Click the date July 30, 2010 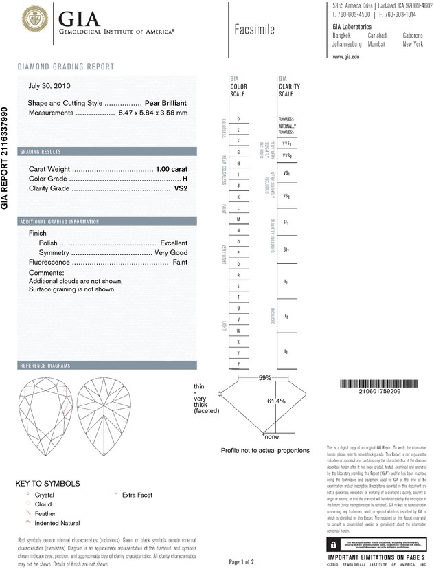pyautogui.click(x=49, y=87)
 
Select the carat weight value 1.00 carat pyautogui.click(x=172, y=168)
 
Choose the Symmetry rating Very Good pyautogui.click(x=170, y=253)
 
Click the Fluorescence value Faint pyautogui.click(x=180, y=263)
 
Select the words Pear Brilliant pyautogui.click(x=166, y=103)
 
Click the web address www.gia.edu pyautogui.click(x=346, y=57)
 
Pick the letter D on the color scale pyautogui.click(x=238, y=119)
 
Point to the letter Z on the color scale pyautogui.click(x=238, y=364)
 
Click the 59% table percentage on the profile pyautogui.click(x=265, y=378)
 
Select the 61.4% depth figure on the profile pyautogui.click(x=276, y=401)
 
